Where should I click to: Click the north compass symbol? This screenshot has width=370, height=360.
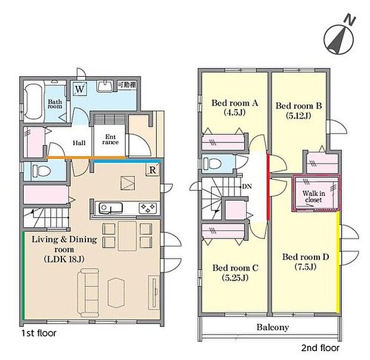pos(339,38)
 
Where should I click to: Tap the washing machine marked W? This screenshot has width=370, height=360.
pos(80,89)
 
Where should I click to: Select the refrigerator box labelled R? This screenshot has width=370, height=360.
pos(153,170)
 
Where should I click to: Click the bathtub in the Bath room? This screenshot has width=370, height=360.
pos(34,102)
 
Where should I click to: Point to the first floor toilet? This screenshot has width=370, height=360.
pos(41,170)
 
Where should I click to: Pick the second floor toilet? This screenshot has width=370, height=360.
pos(212,163)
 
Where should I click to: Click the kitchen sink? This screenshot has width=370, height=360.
pos(110,208)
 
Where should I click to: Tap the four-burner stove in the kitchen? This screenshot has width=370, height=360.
pos(147,208)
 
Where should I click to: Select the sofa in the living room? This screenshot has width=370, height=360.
pos(88,293)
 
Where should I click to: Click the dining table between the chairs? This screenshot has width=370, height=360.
pos(127,236)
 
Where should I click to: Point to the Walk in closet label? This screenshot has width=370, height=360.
pos(313,197)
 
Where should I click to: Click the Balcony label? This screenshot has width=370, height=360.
pos(273,327)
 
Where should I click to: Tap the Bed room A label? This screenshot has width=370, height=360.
pos(235,103)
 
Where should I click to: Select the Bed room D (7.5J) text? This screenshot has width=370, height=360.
pos(306,262)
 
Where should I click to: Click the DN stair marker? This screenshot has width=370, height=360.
pos(247,187)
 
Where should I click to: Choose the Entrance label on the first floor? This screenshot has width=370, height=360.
pos(110,139)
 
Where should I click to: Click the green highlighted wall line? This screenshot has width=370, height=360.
pos(23,275)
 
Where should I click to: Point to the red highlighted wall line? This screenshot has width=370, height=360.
pos(269,187)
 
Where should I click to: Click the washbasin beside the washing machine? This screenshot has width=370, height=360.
pos(105,86)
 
